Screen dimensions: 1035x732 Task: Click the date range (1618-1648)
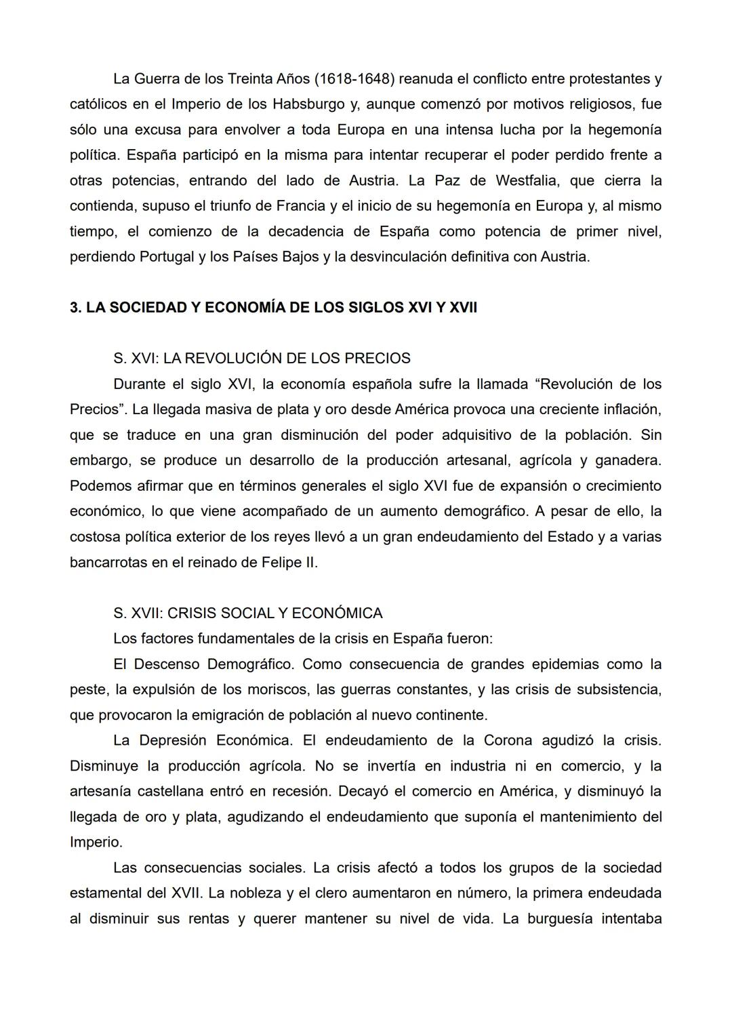(x=354, y=79)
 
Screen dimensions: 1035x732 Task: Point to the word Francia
(x=302, y=206)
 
